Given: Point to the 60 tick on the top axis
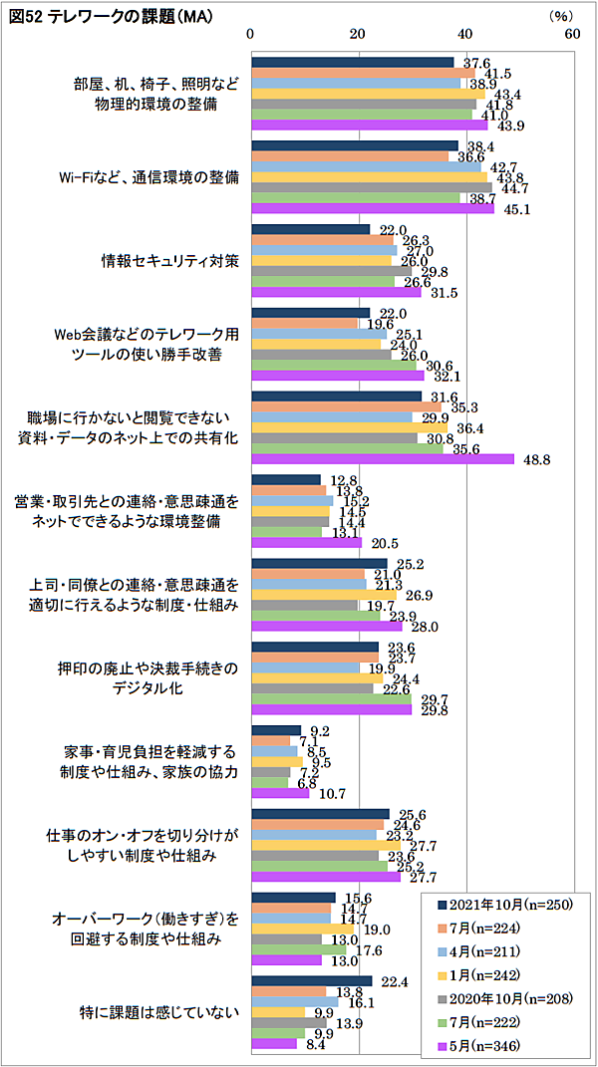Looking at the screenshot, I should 572,33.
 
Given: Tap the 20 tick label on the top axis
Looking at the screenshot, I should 357,33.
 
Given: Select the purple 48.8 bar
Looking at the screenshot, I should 383,458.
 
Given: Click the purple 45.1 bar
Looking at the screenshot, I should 373,208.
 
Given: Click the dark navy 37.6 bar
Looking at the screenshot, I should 353,62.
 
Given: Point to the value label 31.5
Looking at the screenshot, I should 442,293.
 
